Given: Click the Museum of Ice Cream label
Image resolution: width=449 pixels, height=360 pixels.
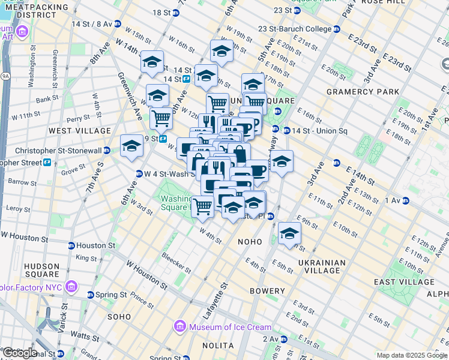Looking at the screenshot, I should pyautogui.click(x=230, y=327).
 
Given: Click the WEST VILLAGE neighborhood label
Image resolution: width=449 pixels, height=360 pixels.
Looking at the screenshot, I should pyautogui.click(x=80, y=130).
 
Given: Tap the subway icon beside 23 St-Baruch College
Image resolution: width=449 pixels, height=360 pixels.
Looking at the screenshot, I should pyautogui.click(x=337, y=29).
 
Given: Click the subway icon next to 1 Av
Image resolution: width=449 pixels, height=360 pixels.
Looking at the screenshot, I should pyautogui.click(x=405, y=200).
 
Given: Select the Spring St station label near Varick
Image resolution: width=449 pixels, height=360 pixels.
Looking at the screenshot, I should pyautogui.click(x=112, y=295).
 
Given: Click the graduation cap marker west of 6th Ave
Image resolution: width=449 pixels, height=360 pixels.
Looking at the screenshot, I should pyautogui.click(x=131, y=146).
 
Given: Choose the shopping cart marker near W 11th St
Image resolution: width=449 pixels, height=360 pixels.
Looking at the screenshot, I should pyautogui.click(x=160, y=118).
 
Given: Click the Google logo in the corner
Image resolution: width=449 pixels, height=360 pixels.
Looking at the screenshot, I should pyautogui.click(x=20, y=353).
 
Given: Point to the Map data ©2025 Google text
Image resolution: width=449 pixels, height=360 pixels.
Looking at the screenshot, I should pyautogui.click(x=411, y=355).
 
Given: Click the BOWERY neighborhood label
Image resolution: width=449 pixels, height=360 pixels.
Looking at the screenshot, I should pyautogui.click(x=267, y=291).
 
